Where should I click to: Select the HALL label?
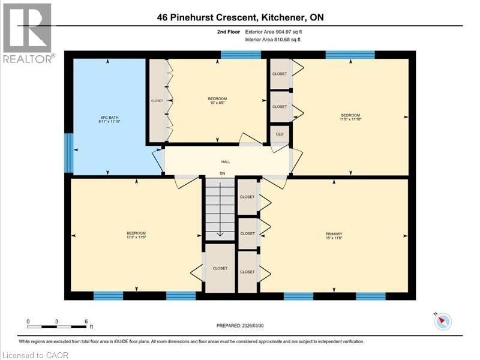[226, 161]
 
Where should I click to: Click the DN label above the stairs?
[221, 175]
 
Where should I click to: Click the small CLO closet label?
[280, 134]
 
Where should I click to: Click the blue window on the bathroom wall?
[68, 152]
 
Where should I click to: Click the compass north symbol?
[443, 322]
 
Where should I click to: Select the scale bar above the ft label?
[57, 326]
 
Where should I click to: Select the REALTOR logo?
[28, 33]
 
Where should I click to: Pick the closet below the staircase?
[220, 268]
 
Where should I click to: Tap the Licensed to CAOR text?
[35, 355]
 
